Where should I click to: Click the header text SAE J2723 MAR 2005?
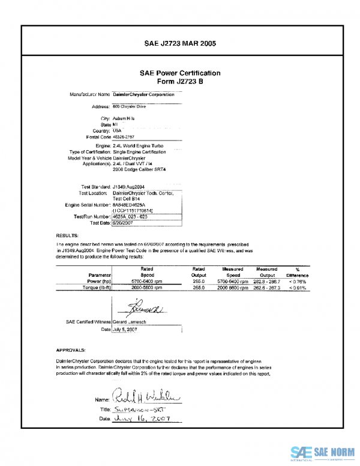point(180,44)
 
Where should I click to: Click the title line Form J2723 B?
point(180,81)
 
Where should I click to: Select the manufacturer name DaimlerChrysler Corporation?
point(143,94)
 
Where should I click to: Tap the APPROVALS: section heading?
point(71,349)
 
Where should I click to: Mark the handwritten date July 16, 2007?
point(139,418)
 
